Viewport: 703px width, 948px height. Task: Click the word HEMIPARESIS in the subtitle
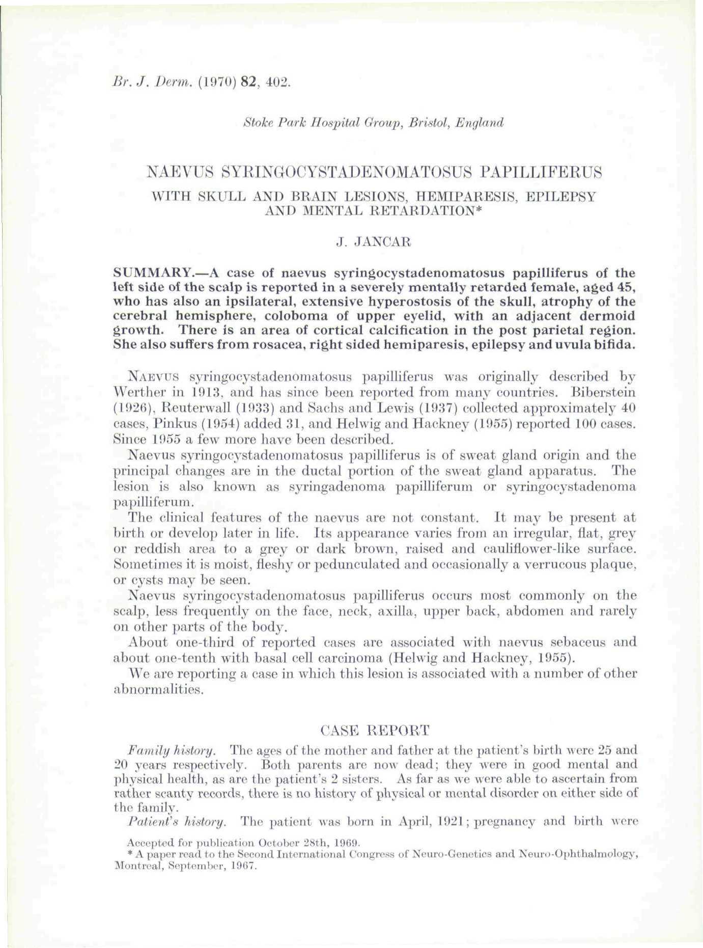click(x=464, y=196)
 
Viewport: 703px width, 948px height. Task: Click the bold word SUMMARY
click(x=149, y=269)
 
